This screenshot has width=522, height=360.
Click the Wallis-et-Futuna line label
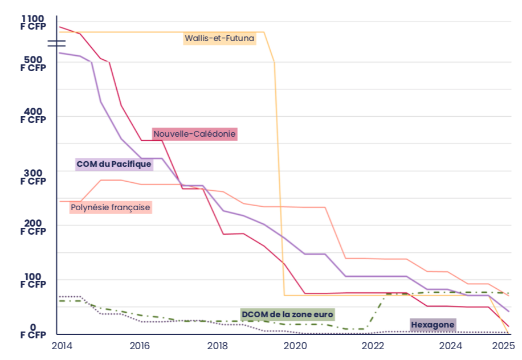click(219, 39)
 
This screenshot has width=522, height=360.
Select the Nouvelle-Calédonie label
click(194, 134)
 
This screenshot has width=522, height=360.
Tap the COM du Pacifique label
click(114, 164)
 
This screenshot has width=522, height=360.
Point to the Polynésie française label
click(111, 207)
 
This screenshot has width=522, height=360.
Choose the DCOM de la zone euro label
click(287, 314)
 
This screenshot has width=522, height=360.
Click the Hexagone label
click(433, 325)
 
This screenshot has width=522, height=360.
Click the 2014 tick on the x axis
click(61, 345)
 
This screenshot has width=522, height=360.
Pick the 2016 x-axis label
click(140, 345)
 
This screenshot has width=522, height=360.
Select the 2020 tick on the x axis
click(296, 345)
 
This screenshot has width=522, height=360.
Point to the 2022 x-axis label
click(374, 345)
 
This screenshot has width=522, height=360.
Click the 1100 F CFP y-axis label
click(33, 22)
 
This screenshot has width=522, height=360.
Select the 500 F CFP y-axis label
click(33, 63)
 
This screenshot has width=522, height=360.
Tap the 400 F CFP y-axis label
click(33, 115)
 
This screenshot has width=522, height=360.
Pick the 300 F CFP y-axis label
click(33, 177)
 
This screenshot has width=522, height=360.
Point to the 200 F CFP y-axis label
click(33, 227)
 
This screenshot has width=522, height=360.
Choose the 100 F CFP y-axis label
click(33, 279)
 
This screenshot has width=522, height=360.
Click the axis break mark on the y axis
click(56, 43)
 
